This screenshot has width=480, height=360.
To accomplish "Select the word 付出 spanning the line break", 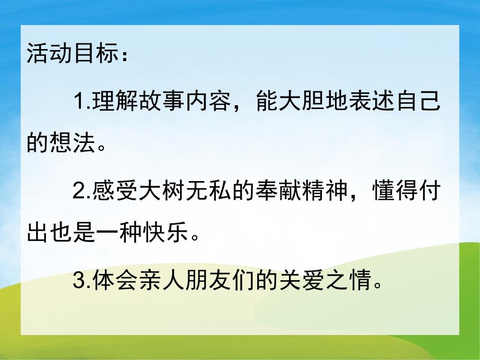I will [x=430, y=193].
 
